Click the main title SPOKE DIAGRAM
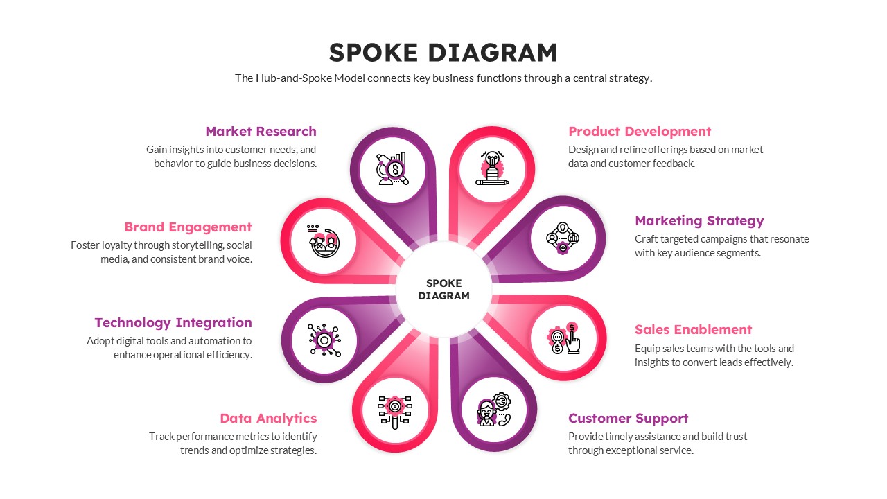[x=443, y=53]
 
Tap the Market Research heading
[x=261, y=132]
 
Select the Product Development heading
[x=639, y=132]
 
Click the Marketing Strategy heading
[x=699, y=221]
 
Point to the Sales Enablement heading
[x=693, y=330]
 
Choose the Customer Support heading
[x=628, y=419]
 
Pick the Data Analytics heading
[x=268, y=419]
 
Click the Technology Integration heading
[x=173, y=323]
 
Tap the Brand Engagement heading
[x=188, y=227]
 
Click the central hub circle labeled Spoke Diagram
[x=443, y=290]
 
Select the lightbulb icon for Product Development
[x=492, y=168]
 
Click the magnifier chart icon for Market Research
[x=392, y=168]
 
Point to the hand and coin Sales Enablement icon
[x=564, y=339]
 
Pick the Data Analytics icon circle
[x=394, y=410]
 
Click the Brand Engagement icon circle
[x=322, y=240]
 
